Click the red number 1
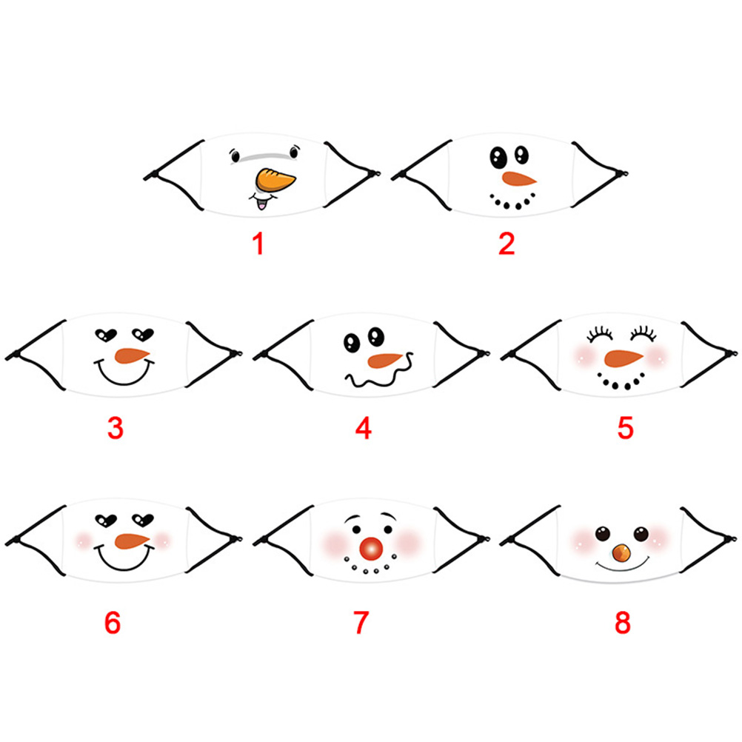[258, 244]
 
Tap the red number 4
[363, 428]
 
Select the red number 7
[361, 622]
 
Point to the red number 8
[623, 622]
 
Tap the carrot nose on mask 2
[518, 179]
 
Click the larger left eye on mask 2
[498, 158]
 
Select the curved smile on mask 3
[124, 372]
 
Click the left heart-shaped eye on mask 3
[106, 335]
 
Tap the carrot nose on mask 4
[384, 361]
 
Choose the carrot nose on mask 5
[624, 358]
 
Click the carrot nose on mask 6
[132, 541]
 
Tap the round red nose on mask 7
[371, 548]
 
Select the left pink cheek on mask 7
[335, 543]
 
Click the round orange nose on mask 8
[621, 552]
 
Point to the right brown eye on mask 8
[641, 534]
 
